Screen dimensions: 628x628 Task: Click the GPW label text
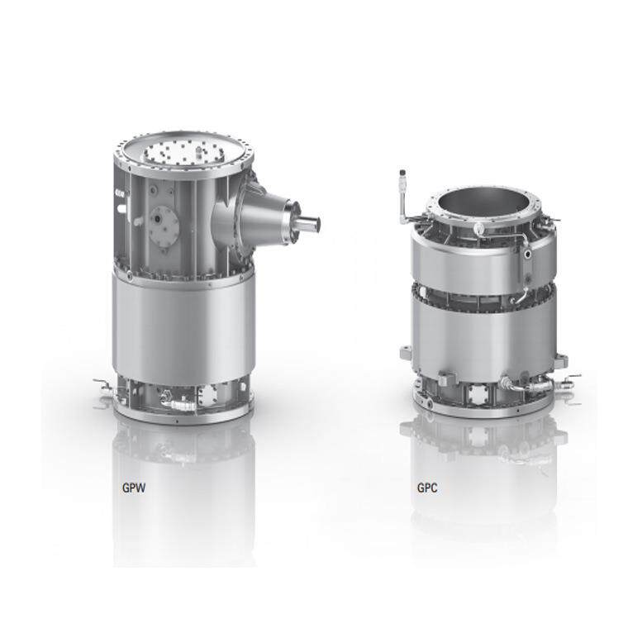[134, 488]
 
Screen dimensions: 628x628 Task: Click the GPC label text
[427, 488]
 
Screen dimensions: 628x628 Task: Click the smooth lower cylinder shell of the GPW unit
[183, 326]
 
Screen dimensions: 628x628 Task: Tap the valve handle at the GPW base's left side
[101, 383]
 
